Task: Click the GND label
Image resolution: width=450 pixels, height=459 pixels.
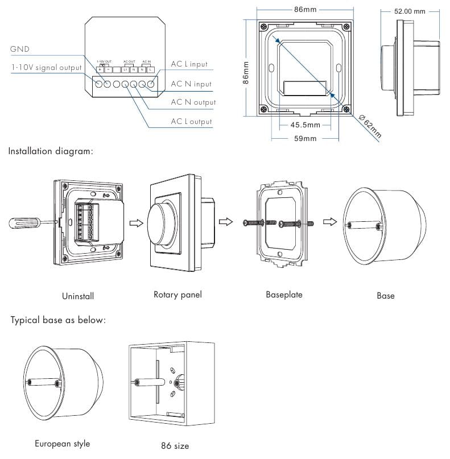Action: (x=20, y=49)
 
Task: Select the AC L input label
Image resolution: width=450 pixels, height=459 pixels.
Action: (x=189, y=64)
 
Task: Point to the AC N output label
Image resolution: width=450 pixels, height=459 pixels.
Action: (x=193, y=102)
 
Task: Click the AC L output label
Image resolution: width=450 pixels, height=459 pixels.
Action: (x=191, y=121)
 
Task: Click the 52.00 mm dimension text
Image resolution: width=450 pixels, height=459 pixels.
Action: (x=410, y=11)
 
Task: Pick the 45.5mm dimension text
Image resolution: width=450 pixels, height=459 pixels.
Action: (x=305, y=125)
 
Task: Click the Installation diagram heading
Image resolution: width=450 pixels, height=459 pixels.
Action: (x=51, y=152)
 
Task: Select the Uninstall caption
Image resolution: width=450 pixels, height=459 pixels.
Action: (x=78, y=296)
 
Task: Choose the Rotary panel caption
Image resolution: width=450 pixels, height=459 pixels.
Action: (x=177, y=295)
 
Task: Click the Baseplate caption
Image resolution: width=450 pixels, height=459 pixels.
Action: (x=284, y=295)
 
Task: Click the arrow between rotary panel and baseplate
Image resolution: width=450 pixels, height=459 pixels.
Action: (x=226, y=222)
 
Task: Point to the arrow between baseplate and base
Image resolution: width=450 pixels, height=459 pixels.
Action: (x=328, y=222)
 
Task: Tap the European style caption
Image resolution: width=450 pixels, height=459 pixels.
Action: (x=63, y=444)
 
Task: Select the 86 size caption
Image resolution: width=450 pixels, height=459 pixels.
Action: (x=175, y=446)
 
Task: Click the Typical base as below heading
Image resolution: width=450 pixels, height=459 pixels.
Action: (x=58, y=320)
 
